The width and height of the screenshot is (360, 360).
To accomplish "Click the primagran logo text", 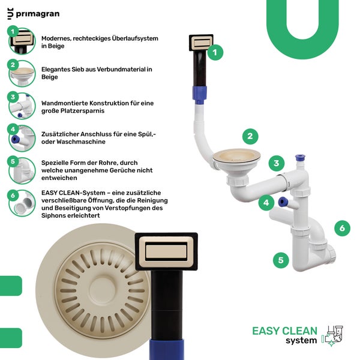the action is [x=38, y=14].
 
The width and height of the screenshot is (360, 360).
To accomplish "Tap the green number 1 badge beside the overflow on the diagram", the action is [x=215, y=53].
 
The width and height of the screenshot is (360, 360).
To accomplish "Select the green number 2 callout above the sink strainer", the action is [x=250, y=136].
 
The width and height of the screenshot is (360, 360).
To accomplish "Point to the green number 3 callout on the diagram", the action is [x=277, y=163].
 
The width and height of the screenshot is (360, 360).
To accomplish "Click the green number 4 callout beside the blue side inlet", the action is [x=266, y=203].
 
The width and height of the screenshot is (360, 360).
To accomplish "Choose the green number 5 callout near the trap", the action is [x=281, y=260].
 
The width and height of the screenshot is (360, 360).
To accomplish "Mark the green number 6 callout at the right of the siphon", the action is [x=342, y=228].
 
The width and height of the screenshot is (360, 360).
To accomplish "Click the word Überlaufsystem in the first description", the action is [x=135, y=38].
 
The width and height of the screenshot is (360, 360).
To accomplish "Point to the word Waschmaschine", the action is [x=81, y=142].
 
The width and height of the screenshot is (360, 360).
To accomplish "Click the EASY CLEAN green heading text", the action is [x=284, y=331].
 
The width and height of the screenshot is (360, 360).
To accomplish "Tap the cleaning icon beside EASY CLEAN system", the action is [x=332, y=336].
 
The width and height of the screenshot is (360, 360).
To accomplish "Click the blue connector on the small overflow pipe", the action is [x=200, y=94].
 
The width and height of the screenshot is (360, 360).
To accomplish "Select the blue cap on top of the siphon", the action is [x=300, y=158].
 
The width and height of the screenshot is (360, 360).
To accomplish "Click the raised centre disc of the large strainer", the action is [x=102, y=290].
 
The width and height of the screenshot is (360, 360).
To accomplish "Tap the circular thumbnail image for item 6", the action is [x=22, y=203].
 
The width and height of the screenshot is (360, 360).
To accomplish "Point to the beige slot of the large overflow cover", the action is [x=166, y=251].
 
